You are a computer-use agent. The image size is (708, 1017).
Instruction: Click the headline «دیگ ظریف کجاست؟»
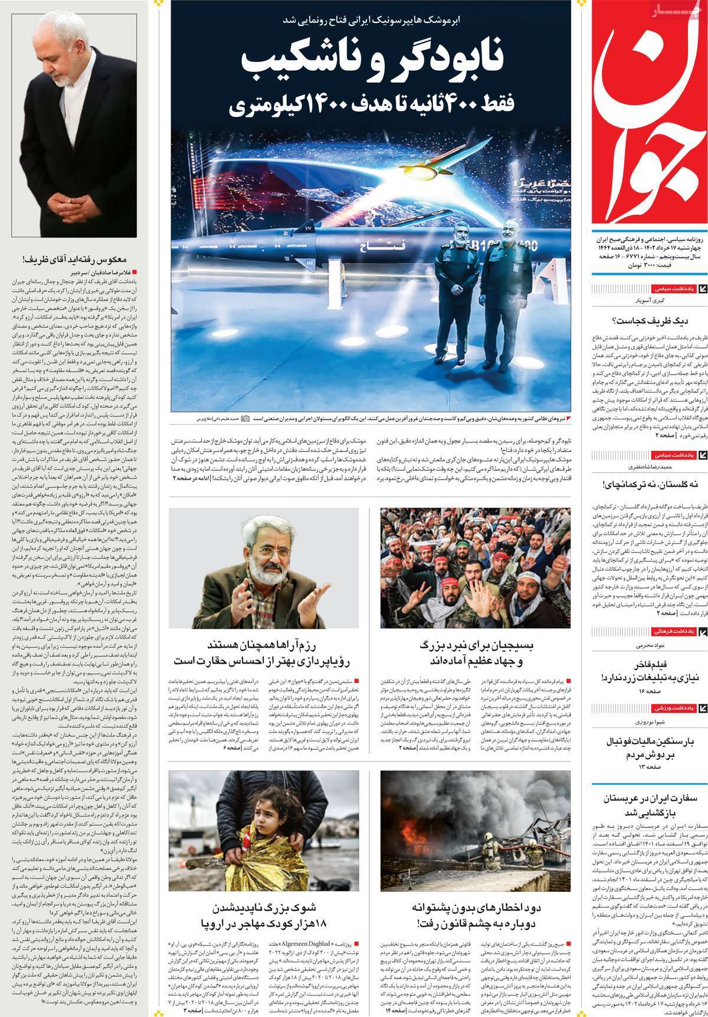coord(646,321)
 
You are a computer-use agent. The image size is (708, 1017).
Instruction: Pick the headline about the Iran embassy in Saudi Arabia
coord(646,805)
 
